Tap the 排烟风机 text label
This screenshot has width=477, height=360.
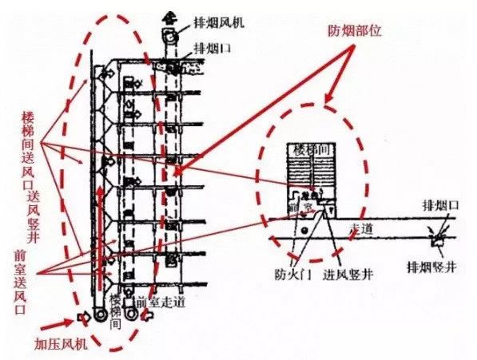point(218,22)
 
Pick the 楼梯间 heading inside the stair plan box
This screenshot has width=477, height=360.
point(310,150)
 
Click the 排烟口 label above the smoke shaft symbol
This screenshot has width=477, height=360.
point(443,207)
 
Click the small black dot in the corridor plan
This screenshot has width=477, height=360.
point(305,232)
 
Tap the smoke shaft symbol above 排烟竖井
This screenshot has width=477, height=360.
point(437,237)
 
